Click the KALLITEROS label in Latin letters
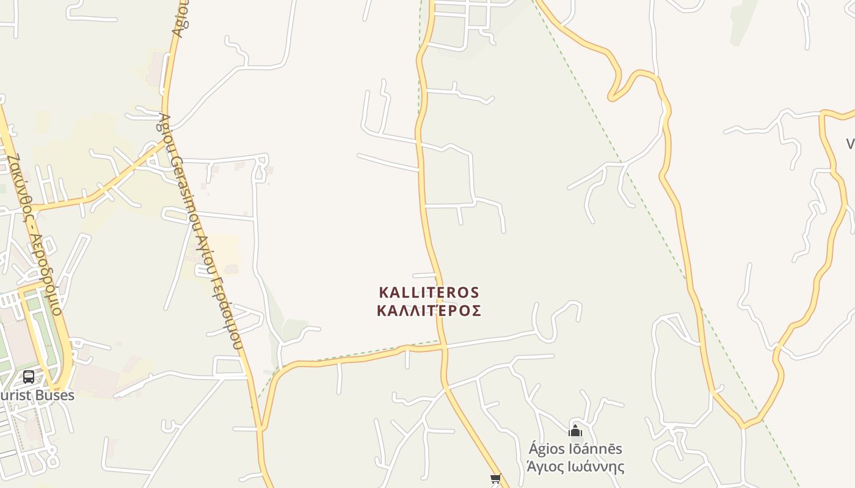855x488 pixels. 429,293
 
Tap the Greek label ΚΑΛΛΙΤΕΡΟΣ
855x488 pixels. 429,311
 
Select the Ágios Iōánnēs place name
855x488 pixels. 575,450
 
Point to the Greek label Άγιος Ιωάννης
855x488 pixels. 575,467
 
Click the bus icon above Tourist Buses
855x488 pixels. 29,376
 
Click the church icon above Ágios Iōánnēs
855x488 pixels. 575,431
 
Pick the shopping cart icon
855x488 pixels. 495,479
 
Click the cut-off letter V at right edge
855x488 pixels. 850,144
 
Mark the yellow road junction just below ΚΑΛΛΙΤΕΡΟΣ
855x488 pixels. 444,346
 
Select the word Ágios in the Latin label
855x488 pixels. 544,450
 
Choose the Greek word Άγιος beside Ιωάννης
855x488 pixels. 545,467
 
